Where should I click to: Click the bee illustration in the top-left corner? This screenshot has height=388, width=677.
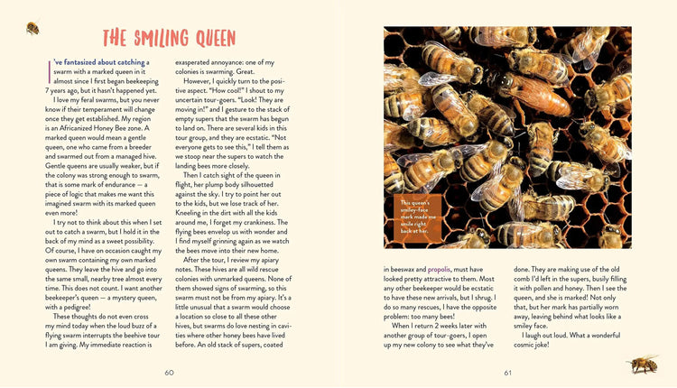pos(32,27)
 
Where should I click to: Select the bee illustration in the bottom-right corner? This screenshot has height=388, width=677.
pos(643,364)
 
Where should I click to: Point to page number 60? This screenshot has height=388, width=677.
pos(169,373)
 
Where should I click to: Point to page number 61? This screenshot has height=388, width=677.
pos(508,373)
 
